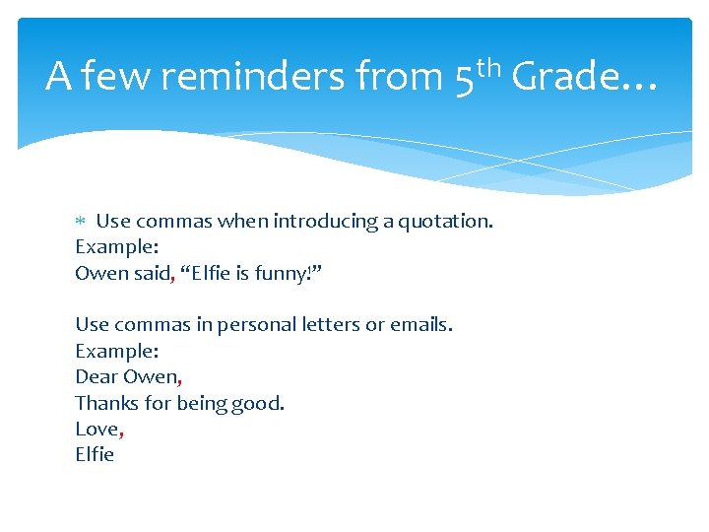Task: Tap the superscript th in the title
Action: tap(489, 67)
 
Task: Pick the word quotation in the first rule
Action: tap(444, 222)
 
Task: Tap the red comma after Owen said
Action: tap(173, 277)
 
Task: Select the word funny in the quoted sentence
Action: tap(283, 273)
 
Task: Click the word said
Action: tap(151, 273)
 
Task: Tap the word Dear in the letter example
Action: tap(96, 376)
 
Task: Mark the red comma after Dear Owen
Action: tap(180, 380)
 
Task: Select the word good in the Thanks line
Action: tap(260, 402)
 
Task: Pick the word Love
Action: tap(96, 429)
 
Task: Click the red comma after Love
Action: tap(119, 432)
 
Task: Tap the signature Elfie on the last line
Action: tap(95, 454)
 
